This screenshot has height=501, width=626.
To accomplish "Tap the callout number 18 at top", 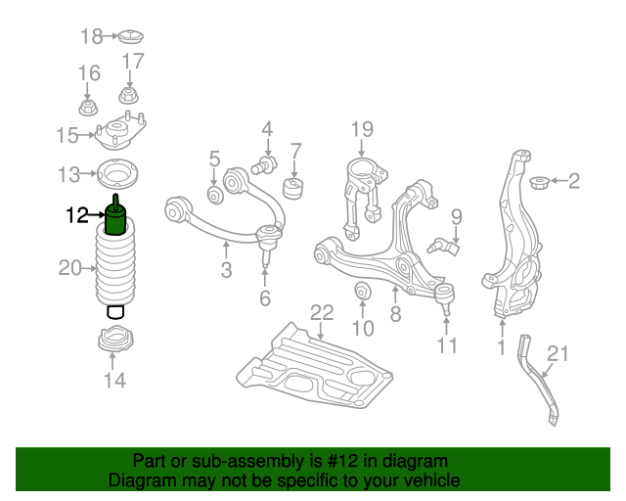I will pyautogui.click(x=91, y=37).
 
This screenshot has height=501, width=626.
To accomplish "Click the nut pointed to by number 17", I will pyautogui.click(x=127, y=96).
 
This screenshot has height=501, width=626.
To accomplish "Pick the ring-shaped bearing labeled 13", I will pyautogui.click(x=115, y=175).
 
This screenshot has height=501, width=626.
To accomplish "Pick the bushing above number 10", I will pyautogui.click(x=361, y=291).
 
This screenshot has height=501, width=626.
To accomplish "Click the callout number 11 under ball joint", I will pyautogui.click(x=447, y=345).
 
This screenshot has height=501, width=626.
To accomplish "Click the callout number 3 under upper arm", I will pyautogui.click(x=226, y=269).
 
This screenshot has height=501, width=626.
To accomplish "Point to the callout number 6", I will pyautogui.click(x=265, y=297).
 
